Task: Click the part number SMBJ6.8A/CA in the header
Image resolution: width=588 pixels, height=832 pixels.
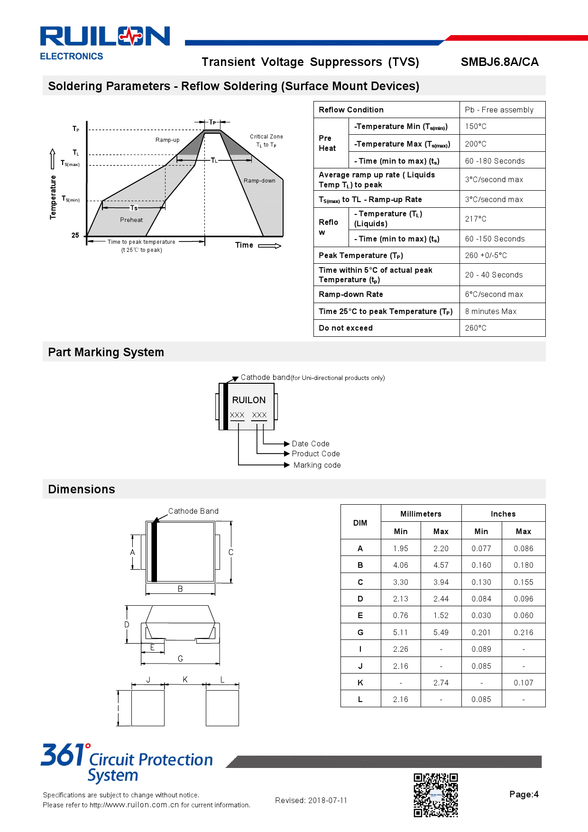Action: coord(499,62)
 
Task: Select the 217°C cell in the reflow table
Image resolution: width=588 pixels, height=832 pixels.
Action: coord(476,219)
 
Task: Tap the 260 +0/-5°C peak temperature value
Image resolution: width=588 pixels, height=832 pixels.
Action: coord(486,255)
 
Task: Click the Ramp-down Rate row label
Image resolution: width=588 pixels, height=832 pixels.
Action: coord(350,294)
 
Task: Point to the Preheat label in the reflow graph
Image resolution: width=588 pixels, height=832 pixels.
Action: coord(131,220)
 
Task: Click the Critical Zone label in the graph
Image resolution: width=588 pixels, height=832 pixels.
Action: coord(266,137)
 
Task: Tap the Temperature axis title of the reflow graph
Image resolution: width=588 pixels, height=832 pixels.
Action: coord(53,197)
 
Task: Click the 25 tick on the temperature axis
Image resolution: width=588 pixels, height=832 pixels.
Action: coord(75,235)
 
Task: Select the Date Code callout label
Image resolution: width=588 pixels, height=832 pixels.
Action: coord(310,444)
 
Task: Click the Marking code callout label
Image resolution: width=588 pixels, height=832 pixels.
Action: coord(317,465)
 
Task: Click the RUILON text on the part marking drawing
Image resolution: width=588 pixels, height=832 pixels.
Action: coord(248,400)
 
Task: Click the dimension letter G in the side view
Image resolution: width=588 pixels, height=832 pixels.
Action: coord(180,658)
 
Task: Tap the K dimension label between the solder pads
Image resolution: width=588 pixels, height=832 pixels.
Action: coord(185,679)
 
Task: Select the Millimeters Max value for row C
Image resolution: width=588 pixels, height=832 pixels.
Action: coord(441,582)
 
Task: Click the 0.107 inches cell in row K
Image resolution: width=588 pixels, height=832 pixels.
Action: coord(523,683)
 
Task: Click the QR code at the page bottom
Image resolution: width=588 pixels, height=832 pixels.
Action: coord(435,795)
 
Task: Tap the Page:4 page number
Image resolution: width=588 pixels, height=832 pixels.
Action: coord(524,794)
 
